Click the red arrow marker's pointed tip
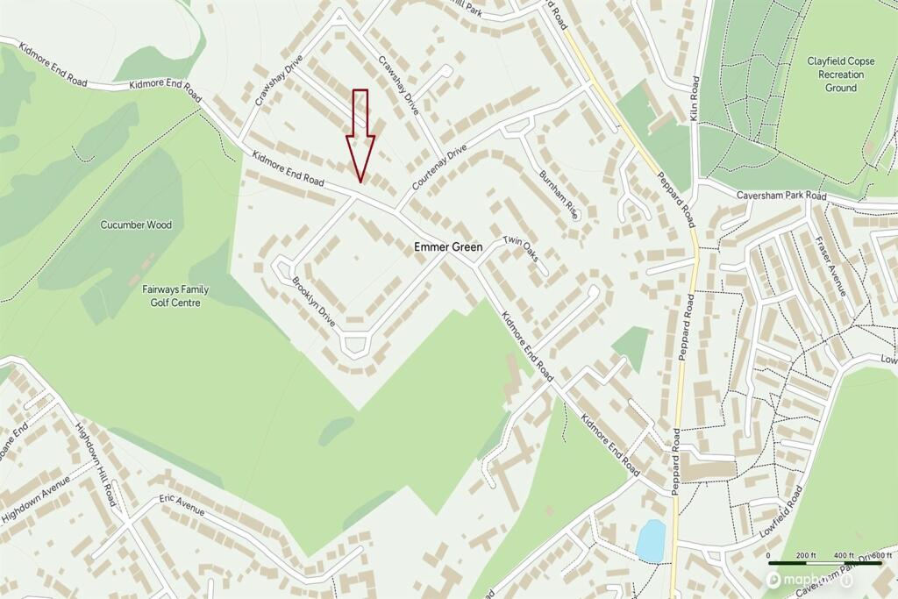pos(360,181)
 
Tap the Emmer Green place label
pos(448,248)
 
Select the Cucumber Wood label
pos(136,225)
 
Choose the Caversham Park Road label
pos(781,196)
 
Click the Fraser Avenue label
pos(829,266)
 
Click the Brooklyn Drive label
pos(314,303)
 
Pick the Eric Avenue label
pos(182,504)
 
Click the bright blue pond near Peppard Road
pos(651,539)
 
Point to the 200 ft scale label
pos(806,556)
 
